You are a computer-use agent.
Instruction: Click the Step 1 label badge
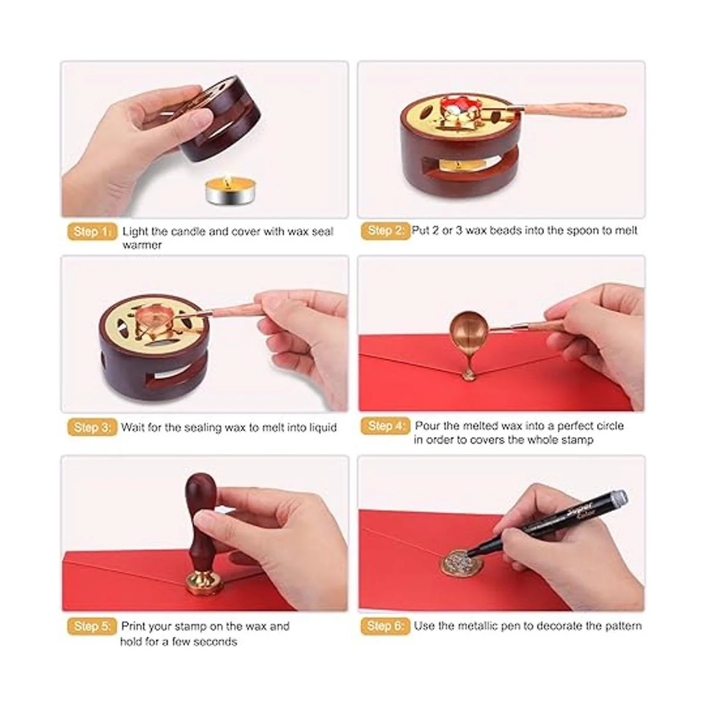pos(92,231)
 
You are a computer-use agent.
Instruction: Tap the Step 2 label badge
pos(385,231)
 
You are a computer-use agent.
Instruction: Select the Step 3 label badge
pos(92,427)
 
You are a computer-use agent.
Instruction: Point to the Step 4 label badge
pos(385,426)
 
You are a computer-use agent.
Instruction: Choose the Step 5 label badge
pos(92,626)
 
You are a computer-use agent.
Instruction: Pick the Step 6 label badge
pos(385,626)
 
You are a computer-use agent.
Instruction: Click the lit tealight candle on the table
pos(224,192)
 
